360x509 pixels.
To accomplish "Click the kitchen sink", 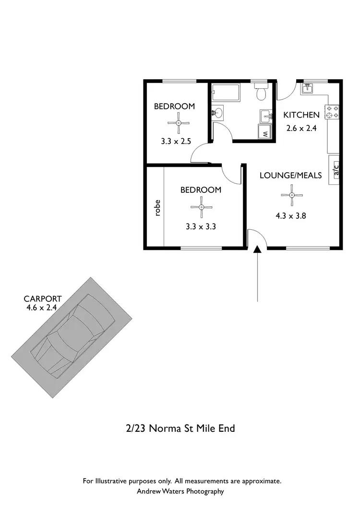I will pyautogui.click(x=307, y=88).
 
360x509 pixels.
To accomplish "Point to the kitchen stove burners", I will pyautogui.click(x=333, y=112).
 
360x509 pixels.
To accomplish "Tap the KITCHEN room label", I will pyautogui.click(x=301, y=115).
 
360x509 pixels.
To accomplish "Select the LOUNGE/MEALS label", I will pyautogui.click(x=290, y=176).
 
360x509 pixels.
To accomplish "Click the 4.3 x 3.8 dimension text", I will pyautogui.click(x=291, y=216).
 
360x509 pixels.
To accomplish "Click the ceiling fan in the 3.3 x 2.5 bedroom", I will pyautogui.click(x=178, y=123).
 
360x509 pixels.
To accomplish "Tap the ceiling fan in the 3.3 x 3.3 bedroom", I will pyautogui.click(x=202, y=207).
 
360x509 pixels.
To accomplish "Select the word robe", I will pyautogui.click(x=157, y=208).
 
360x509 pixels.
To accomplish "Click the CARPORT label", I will pyautogui.click(x=43, y=299).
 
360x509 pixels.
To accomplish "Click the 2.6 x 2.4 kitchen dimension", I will pyautogui.click(x=301, y=128).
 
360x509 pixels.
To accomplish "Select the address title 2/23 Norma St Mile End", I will pyautogui.click(x=180, y=428).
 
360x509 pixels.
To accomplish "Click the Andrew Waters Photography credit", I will pyautogui.click(x=180, y=491).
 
